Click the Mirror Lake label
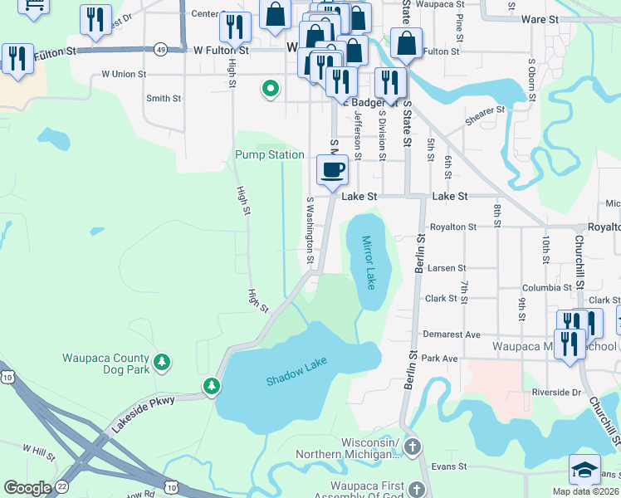pos(369,263)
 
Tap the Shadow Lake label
pos(296,371)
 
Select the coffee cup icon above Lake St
pos(332,170)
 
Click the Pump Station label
pos(269,154)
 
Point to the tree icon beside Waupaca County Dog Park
pos(164,362)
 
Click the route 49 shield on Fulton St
pos(160,50)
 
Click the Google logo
pos(27,488)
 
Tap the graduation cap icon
pos(584,469)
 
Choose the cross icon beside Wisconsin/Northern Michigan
pos(413,448)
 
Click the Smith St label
pos(164,98)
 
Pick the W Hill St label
pos(38,449)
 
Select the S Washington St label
pos(310,230)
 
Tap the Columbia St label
pos(542,288)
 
